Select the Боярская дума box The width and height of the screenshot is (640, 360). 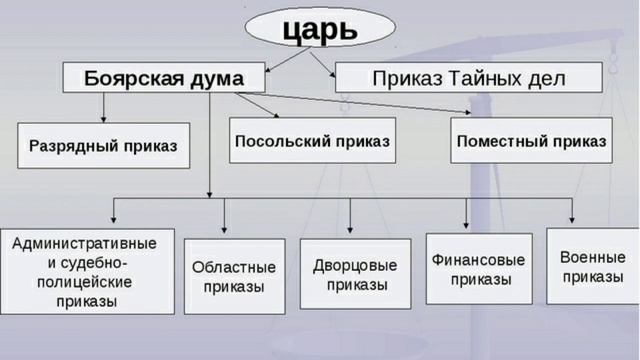(164, 78)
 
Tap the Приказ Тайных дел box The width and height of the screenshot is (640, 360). (468, 78)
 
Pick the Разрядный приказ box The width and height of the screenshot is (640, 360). (97, 146)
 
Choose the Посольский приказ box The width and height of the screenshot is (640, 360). (312, 141)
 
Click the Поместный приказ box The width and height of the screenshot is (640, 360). (531, 141)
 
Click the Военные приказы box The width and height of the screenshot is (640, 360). (593, 265)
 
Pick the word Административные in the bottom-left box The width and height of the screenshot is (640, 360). (85, 243)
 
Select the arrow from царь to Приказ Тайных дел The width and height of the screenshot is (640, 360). (322, 63)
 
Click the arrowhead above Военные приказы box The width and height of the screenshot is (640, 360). (573, 221)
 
